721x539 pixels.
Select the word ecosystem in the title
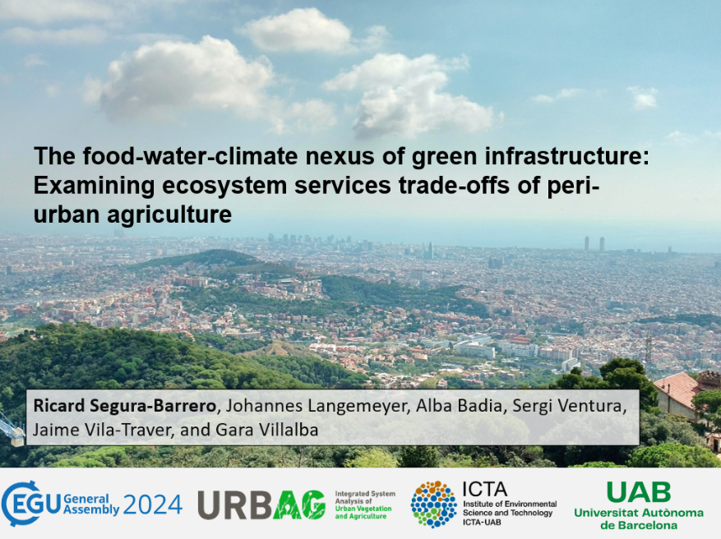click(x=224, y=186)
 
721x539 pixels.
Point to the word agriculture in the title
click(x=169, y=214)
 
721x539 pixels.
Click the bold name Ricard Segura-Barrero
click(x=124, y=406)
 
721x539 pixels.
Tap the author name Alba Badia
click(x=460, y=406)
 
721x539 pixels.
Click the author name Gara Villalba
click(x=266, y=430)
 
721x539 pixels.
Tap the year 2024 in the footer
click(x=153, y=504)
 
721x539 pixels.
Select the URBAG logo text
click(x=261, y=504)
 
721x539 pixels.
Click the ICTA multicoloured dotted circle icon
click(x=433, y=504)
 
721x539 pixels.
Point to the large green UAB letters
click(x=639, y=492)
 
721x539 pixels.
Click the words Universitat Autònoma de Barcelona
click(x=639, y=518)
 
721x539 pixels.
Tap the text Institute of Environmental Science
click(x=510, y=509)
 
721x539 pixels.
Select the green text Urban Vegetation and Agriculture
click(x=363, y=513)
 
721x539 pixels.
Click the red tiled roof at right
click(x=677, y=389)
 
